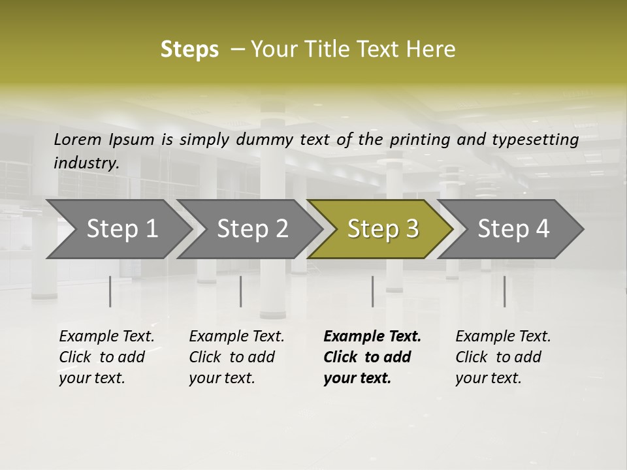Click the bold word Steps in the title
click(189, 50)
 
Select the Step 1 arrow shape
click(118, 229)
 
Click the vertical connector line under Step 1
click(110, 291)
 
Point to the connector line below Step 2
click(240, 291)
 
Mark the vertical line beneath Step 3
click(372, 291)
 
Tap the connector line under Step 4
click(504, 291)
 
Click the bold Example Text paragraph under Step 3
click(372, 357)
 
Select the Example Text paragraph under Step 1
click(106, 357)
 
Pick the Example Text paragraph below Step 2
click(236, 357)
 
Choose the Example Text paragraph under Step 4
click(503, 357)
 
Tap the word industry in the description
click(86, 163)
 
